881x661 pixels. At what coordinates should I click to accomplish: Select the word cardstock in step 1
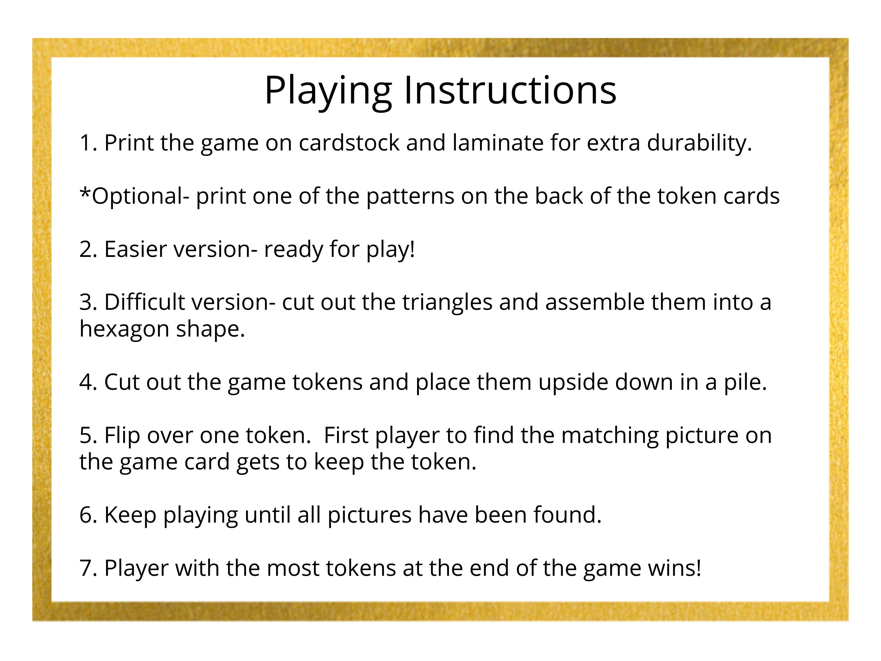(349, 142)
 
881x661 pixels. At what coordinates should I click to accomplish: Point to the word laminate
(498, 142)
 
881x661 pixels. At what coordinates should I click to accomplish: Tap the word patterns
(410, 197)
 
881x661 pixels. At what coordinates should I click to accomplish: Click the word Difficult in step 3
(144, 302)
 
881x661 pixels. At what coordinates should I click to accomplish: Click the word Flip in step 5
(122, 435)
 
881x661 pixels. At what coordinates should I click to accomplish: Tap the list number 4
(88, 382)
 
